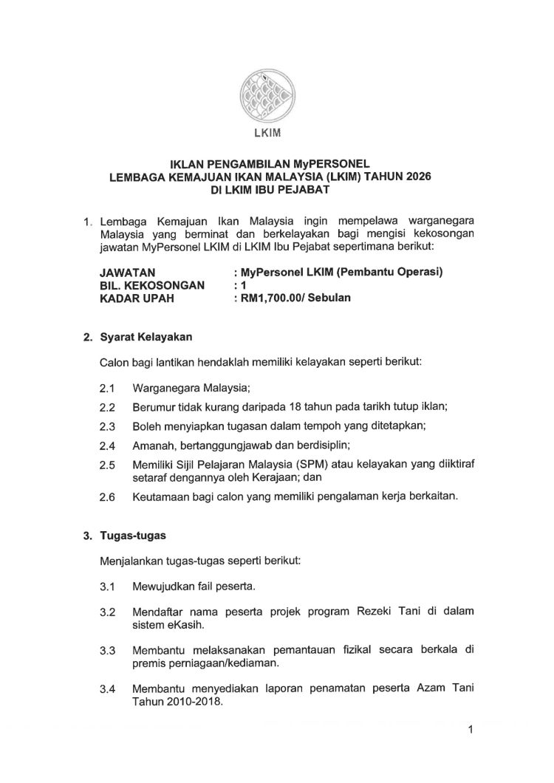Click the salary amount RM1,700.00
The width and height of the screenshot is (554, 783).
(269, 298)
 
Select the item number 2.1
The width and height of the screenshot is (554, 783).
(108, 388)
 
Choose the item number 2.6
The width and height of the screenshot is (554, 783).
(108, 497)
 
